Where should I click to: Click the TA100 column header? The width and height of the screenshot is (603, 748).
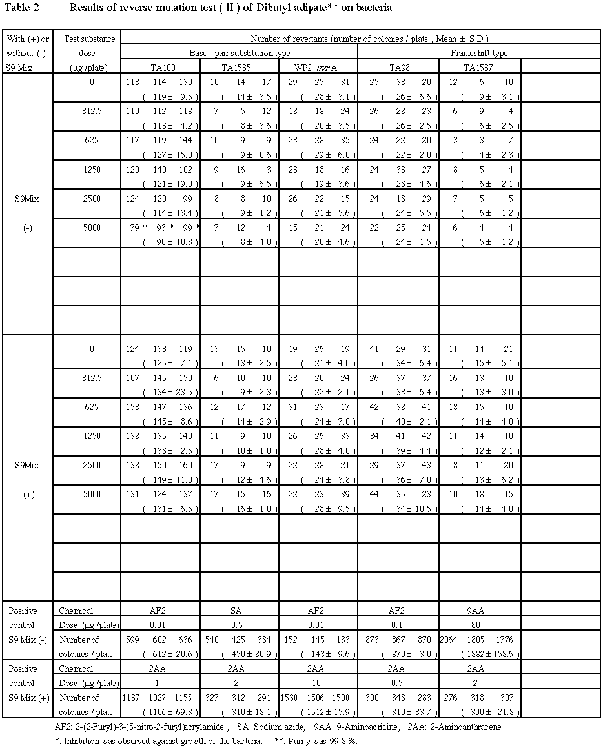coord(160,66)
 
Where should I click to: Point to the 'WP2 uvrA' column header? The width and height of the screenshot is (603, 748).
coord(318,66)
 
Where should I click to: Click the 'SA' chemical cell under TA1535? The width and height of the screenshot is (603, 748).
coord(240,610)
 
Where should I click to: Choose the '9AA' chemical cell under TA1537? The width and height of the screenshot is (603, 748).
coord(480,610)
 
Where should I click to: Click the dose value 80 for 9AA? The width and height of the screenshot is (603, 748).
coord(480,624)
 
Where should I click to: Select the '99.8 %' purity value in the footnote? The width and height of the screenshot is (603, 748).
coord(342,740)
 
